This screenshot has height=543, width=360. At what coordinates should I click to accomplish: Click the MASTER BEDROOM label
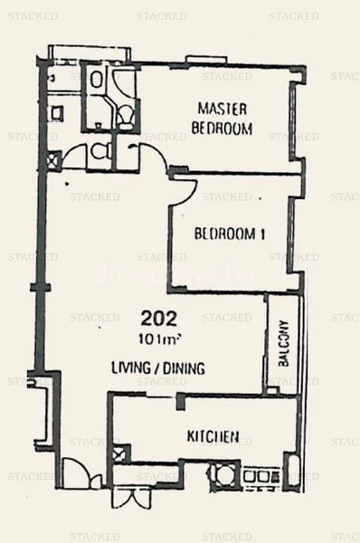[x=222, y=119]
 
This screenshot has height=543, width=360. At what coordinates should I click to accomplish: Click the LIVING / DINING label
[x=157, y=368]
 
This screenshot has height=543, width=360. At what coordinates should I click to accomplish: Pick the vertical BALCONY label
[x=284, y=343]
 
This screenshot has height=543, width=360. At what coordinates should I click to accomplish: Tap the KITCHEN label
[x=213, y=437]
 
